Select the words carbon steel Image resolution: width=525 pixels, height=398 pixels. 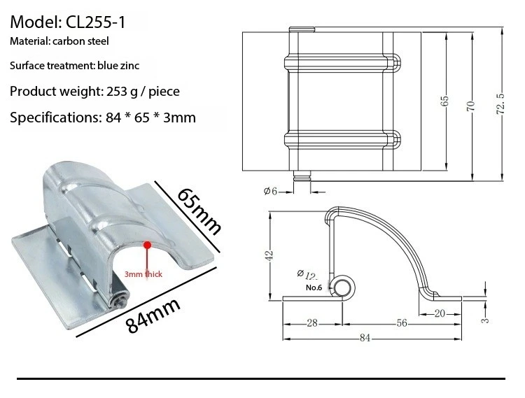pyautogui.click(x=90, y=41)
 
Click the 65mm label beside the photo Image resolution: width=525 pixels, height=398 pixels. pyautogui.click(x=199, y=211)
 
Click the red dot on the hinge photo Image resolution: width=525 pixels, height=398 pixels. pyautogui.click(x=147, y=245)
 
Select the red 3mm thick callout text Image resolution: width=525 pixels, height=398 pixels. pyautogui.click(x=143, y=274)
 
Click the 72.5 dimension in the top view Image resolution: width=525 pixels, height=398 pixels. pyautogui.click(x=498, y=100)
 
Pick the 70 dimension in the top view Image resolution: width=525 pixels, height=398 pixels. pyautogui.click(x=471, y=106)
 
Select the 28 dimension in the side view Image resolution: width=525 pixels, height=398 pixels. pyautogui.click(x=312, y=323)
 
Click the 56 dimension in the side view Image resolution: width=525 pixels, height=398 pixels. pyautogui.click(x=402, y=323)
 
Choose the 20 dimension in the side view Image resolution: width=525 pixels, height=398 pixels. pyautogui.click(x=440, y=313)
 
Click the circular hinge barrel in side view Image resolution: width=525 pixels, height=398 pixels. pyautogui.click(x=343, y=287)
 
